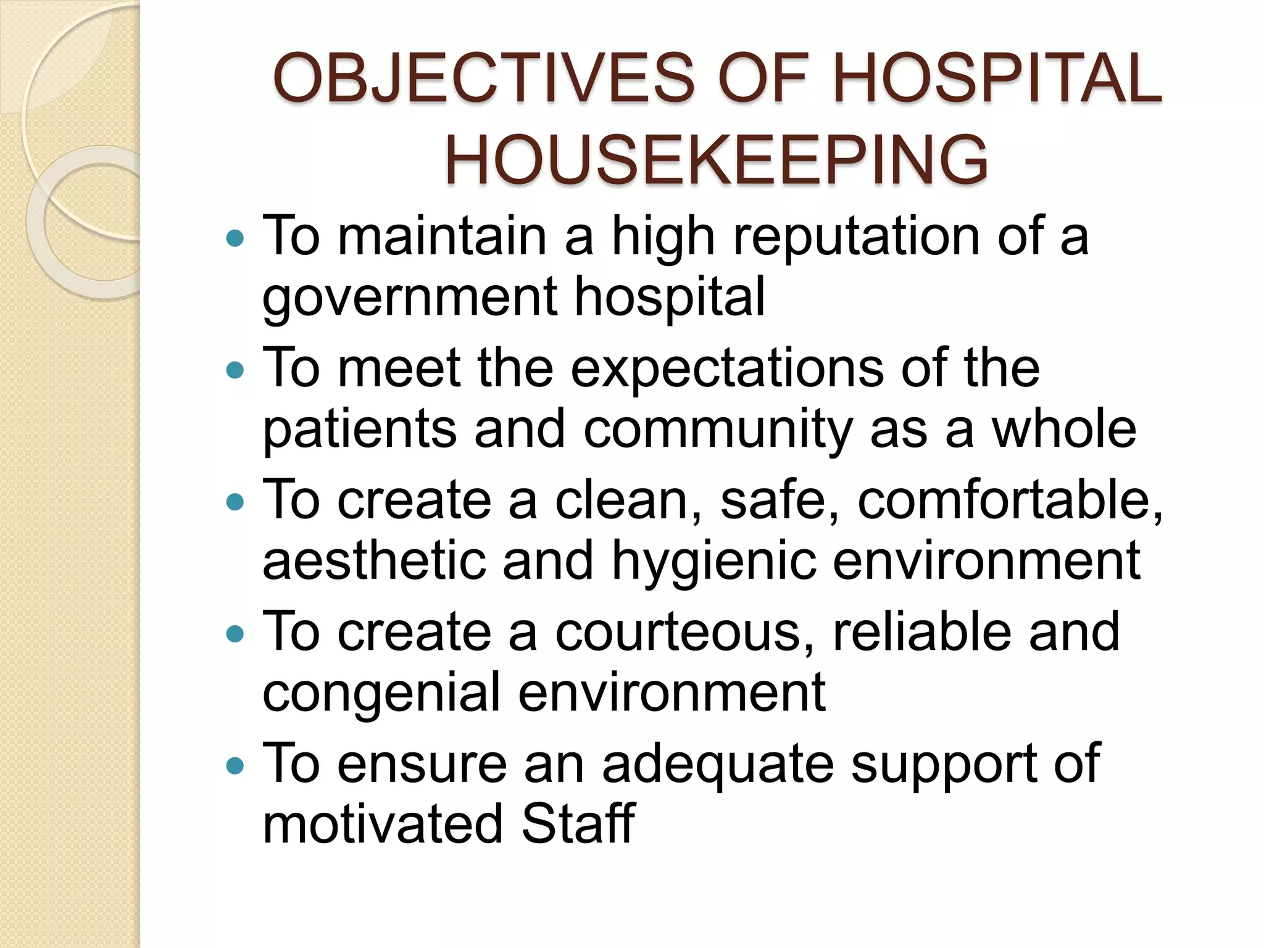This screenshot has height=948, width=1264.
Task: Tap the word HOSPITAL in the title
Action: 997,78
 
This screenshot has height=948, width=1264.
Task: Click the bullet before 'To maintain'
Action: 235,238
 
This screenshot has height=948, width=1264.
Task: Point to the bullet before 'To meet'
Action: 235,370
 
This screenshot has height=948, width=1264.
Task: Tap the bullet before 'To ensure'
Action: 235,766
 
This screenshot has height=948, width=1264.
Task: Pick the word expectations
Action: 727,369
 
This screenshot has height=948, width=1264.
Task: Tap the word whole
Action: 1063,428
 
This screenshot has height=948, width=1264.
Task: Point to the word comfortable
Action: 1010,501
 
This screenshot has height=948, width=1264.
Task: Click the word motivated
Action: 383,824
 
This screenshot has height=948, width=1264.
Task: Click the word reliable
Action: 922,632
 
